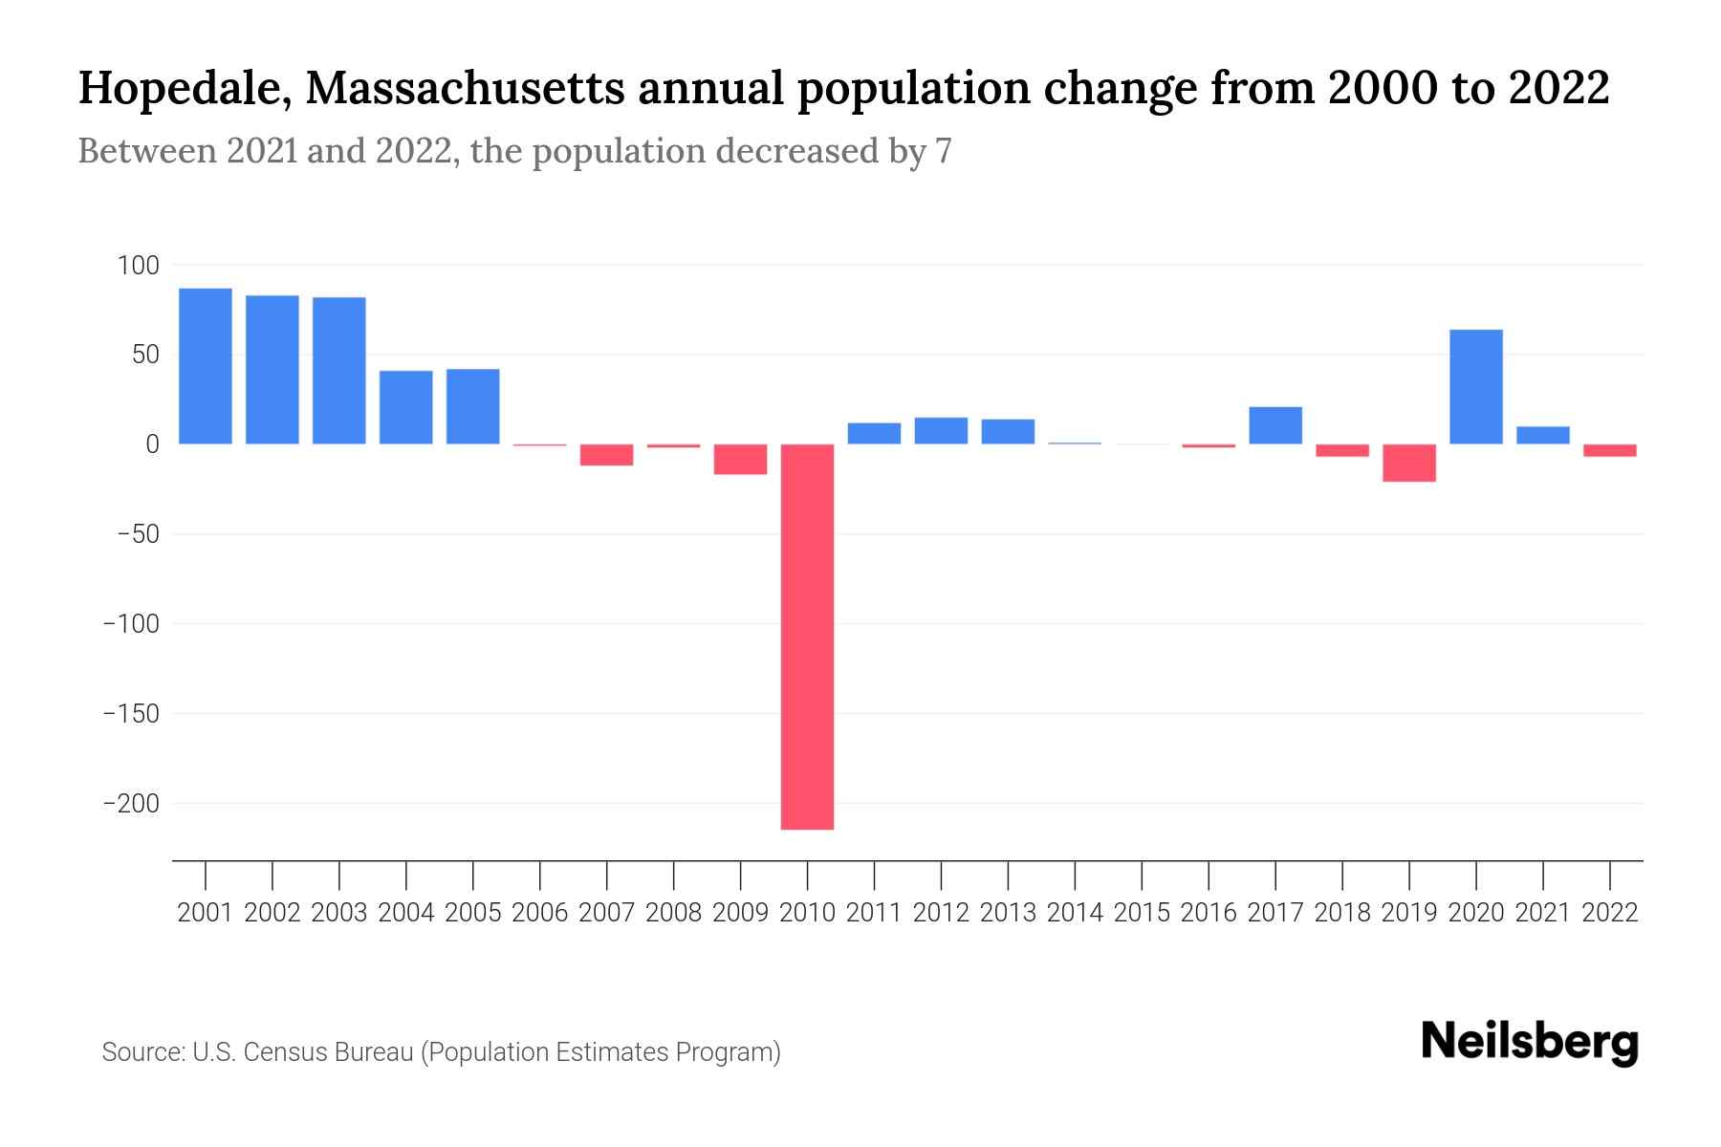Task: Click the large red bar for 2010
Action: pos(807,636)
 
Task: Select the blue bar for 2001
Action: pos(206,366)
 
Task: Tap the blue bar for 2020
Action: pos(1475,386)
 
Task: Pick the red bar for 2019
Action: pos(1409,463)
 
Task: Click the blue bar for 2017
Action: pos(1275,425)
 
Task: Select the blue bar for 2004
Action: pos(406,407)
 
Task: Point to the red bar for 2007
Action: pos(606,455)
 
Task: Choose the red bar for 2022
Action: pos(1609,450)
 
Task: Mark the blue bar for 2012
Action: pos(941,431)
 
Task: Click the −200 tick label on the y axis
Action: pos(131,804)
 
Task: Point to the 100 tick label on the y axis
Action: pos(138,266)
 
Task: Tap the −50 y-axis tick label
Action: pos(138,534)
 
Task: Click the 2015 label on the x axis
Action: pos(1142,913)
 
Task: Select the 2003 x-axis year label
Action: pos(339,913)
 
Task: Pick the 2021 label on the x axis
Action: pos(1542,913)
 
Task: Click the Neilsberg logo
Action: pos(1530,1042)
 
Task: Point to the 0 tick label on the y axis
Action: pos(152,444)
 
